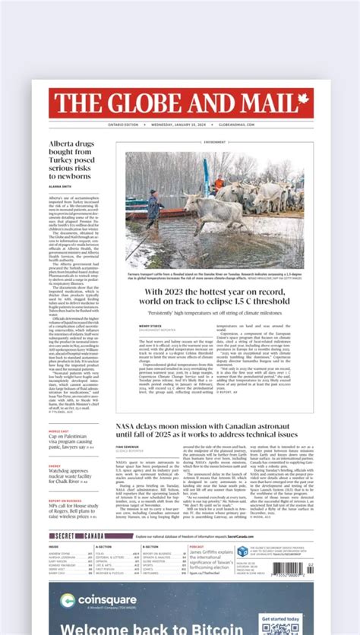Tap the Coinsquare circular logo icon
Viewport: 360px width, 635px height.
pyautogui.click(x=68, y=601)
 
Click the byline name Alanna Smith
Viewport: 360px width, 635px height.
pyautogui.click(x=61, y=186)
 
